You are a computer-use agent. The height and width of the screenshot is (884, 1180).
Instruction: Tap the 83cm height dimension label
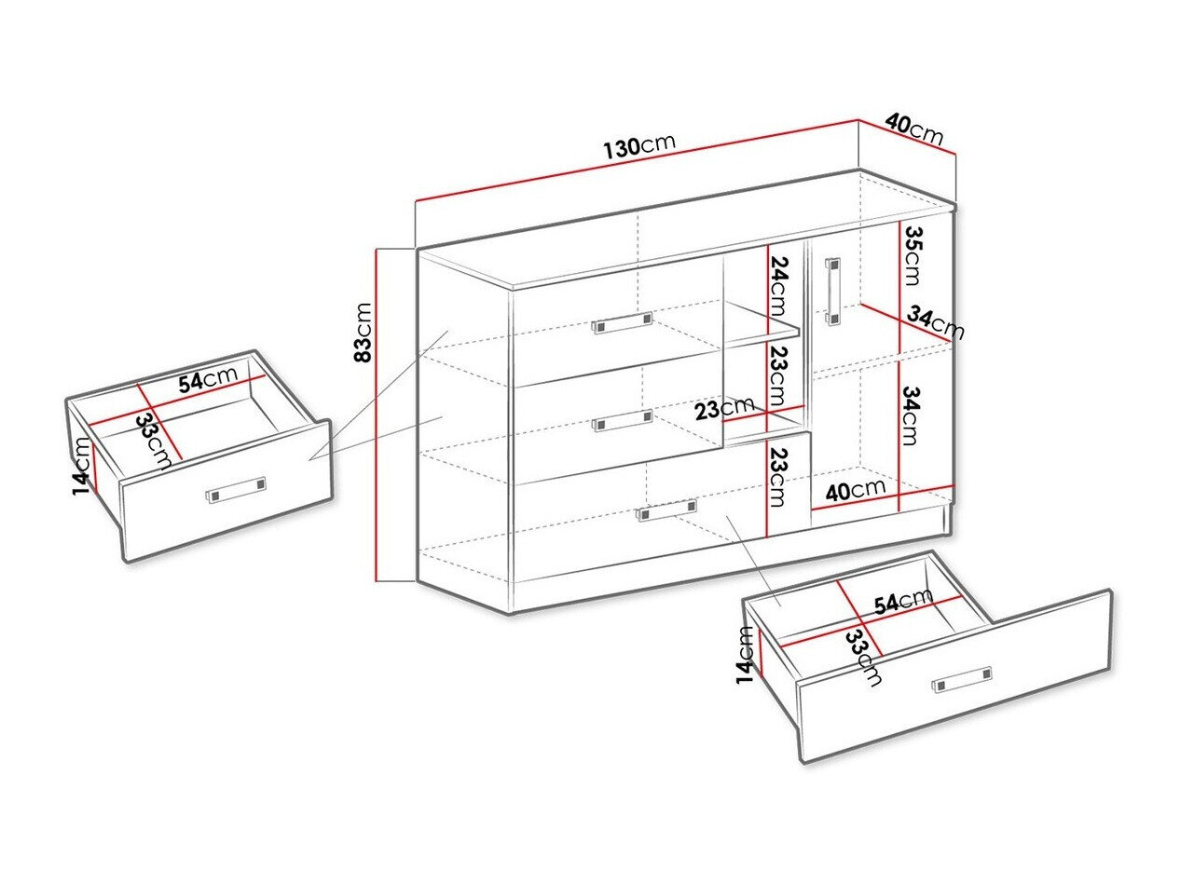pyautogui.click(x=364, y=333)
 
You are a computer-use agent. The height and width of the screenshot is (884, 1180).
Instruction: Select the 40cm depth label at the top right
pyautogui.click(x=913, y=129)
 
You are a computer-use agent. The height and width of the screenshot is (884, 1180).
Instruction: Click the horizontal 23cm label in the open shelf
pyautogui.click(x=724, y=409)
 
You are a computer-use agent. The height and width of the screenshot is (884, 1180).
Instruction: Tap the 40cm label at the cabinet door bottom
pyautogui.click(x=855, y=489)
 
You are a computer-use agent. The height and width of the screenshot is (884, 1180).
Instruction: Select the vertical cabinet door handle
pyautogui.click(x=833, y=292)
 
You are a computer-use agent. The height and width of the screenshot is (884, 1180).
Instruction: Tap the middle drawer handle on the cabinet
pyautogui.click(x=623, y=420)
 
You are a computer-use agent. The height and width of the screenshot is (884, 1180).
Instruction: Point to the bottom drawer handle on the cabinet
pyautogui.click(x=666, y=510)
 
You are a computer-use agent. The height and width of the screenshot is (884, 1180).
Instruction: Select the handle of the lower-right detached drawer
pyautogui.click(x=964, y=679)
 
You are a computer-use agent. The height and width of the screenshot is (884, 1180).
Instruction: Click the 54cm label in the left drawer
pyautogui.click(x=208, y=378)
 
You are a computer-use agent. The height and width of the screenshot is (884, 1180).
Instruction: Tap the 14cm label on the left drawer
pyautogui.click(x=82, y=466)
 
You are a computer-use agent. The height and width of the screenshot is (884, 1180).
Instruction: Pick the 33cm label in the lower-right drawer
pyautogui.click(x=864, y=658)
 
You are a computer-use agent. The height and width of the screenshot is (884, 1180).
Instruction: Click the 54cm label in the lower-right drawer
pyautogui.click(x=903, y=601)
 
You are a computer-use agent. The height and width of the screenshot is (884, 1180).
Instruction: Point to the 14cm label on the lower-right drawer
pyautogui.click(x=746, y=656)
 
